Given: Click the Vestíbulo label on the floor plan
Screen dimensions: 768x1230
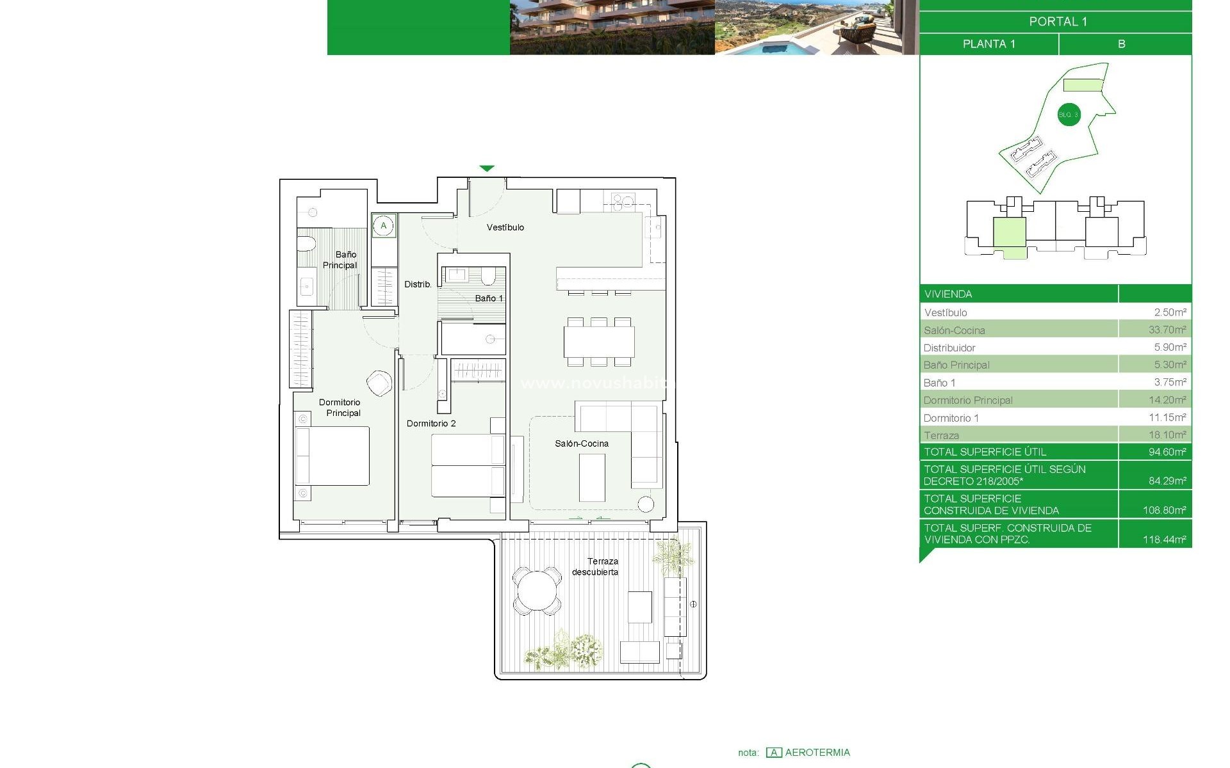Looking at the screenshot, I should [x=505, y=227].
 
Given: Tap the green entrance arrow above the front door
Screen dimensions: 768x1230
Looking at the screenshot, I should [x=487, y=168].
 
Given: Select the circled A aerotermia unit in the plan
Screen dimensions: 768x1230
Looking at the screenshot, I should [x=384, y=225].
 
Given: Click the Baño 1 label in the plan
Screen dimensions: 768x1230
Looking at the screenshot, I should [x=489, y=298].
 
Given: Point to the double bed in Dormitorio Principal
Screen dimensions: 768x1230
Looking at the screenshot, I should [x=332, y=456].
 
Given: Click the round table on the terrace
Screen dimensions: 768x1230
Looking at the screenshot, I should [x=537, y=590].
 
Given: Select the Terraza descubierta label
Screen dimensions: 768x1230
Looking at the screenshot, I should [x=596, y=566].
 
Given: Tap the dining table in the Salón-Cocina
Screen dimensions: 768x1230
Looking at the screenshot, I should [x=599, y=342].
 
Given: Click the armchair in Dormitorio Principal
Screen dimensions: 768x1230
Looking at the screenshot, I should [x=379, y=383].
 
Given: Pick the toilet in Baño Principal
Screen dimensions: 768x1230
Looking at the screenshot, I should [x=306, y=244].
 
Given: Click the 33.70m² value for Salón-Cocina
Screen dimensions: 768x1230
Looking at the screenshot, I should [x=1167, y=330].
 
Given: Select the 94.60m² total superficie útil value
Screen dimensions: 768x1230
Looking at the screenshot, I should [x=1167, y=452].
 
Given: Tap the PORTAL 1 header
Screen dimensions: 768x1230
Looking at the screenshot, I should [x=1058, y=22].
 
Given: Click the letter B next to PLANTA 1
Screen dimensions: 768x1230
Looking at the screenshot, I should [x=1121, y=44].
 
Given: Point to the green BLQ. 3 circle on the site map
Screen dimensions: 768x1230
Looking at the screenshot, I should [x=1068, y=115].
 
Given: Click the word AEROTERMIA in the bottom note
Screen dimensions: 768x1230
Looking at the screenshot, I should [x=817, y=753].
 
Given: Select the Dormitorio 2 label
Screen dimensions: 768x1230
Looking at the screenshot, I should [x=431, y=423].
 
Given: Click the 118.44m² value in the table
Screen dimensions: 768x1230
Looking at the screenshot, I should [x=1164, y=540].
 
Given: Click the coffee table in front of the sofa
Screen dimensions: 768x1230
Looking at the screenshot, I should [x=592, y=477].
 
